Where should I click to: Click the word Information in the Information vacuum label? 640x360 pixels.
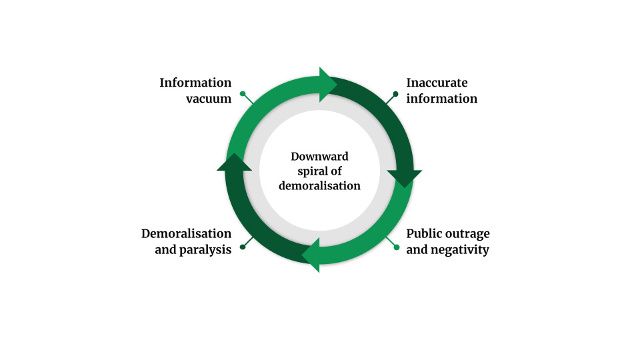(x=195, y=83)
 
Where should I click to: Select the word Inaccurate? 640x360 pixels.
(x=437, y=83)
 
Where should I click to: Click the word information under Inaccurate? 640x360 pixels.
(x=441, y=99)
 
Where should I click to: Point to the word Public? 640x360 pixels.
(x=425, y=234)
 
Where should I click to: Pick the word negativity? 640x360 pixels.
(x=460, y=250)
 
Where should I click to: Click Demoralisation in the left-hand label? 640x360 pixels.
(x=186, y=234)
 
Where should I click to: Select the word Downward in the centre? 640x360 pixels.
(x=319, y=157)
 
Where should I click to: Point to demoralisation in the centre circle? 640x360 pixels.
(x=319, y=186)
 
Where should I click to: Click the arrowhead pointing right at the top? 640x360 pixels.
(x=329, y=85)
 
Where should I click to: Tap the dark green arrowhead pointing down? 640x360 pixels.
(x=404, y=178)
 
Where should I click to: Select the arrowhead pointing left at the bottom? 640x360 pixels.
(x=311, y=255)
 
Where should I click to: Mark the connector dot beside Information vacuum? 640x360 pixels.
(x=243, y=94)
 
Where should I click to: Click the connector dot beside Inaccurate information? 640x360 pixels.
(x=397, y=94)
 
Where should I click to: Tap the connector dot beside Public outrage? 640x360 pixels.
(x=397, y=247)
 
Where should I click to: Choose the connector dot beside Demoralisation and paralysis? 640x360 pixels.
(x=243, y=247)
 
